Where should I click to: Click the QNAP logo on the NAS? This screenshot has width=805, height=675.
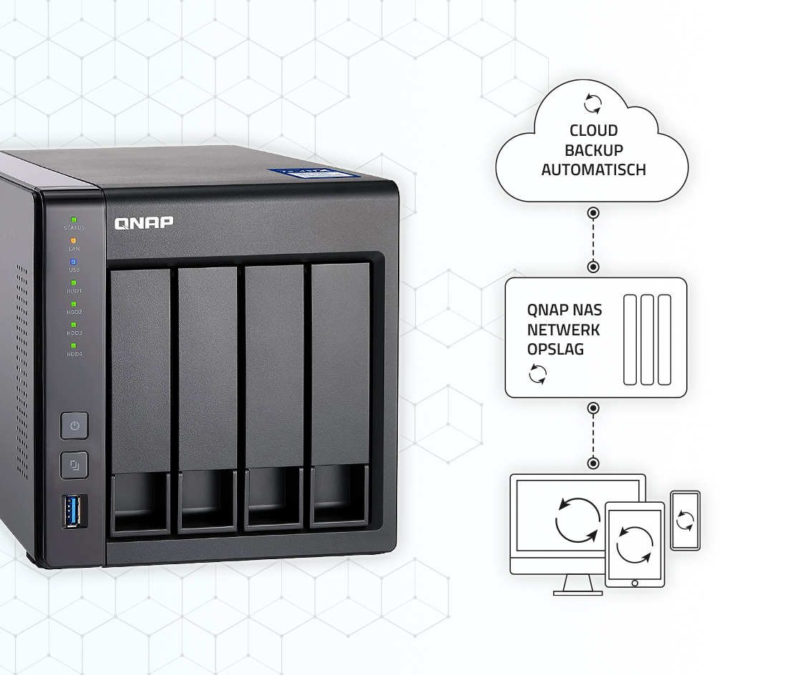click(x=144, y=223)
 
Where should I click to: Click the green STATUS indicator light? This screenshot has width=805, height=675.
click(x=74, y=220)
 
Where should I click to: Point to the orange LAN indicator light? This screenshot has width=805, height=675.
click(x=74, y=241)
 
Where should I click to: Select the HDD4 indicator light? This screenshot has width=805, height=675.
click(x=74, y=345)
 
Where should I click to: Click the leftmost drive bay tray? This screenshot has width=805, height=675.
click(x=141, y=400)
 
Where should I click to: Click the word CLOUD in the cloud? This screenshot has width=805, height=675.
click(x=593, y=131)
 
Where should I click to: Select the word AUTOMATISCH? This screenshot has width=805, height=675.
click(x=593, y=170)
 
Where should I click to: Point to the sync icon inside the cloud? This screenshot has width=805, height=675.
click(x=592, y=104)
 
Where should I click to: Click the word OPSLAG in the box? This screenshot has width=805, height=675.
click(x=555, y=350)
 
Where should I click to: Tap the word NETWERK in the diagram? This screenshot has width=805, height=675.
click(x=563, y=330)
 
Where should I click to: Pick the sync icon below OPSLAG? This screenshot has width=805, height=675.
click(x=537, y=373)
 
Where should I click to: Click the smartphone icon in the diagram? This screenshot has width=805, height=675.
click(x=685, y=520)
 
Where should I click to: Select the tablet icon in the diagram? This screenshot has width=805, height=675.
click(x=635, y=544)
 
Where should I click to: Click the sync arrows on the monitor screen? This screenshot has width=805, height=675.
click(x=577, y=520)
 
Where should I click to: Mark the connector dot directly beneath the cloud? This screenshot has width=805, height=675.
click(x=593, y=213)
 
